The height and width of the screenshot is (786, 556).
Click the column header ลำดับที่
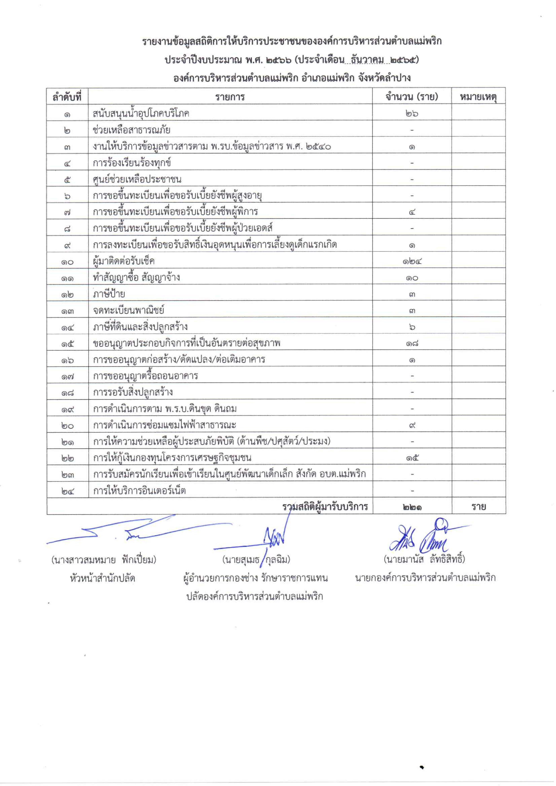[67, 97]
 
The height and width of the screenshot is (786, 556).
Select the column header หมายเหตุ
[478, 97]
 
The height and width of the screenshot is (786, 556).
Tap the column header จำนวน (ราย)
[412, 97]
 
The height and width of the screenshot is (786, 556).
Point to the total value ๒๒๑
[412, 507]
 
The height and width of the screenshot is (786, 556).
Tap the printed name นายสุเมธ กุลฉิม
[256, 560]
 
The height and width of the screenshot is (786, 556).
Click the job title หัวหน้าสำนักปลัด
[102, 579]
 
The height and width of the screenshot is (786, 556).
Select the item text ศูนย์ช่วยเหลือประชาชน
[137, 179]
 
